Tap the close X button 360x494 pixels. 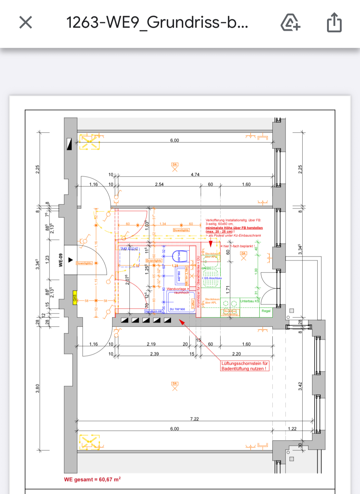(x=26, y=22)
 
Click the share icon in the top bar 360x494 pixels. (x=334, y=22)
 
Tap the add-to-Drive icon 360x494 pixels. (x=290, y=22)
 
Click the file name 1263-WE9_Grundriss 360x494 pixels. (x=157, y=22)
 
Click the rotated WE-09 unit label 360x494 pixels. (x=60, y=260)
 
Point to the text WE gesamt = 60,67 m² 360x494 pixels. (x=92, y=479)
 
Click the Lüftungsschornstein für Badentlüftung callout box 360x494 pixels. (x=245, y=366)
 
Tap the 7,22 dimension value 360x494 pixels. (x=195, y=419)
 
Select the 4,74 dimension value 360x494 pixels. (x=195, y=175)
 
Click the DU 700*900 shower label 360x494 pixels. (x=177, y=309)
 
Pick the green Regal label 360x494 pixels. (x=266, y=311)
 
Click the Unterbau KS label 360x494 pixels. (x=249, y=301)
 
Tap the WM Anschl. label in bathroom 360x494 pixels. (x=129, y=249)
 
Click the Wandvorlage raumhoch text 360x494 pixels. (x=178, y=291)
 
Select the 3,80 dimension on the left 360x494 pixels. (x=38, y=389)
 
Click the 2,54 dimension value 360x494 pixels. (x=159, y=185)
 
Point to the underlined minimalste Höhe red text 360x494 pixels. (x=234, y=228)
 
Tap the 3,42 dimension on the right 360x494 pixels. (x=300, y=386)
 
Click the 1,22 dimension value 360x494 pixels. (x=292, y=429)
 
